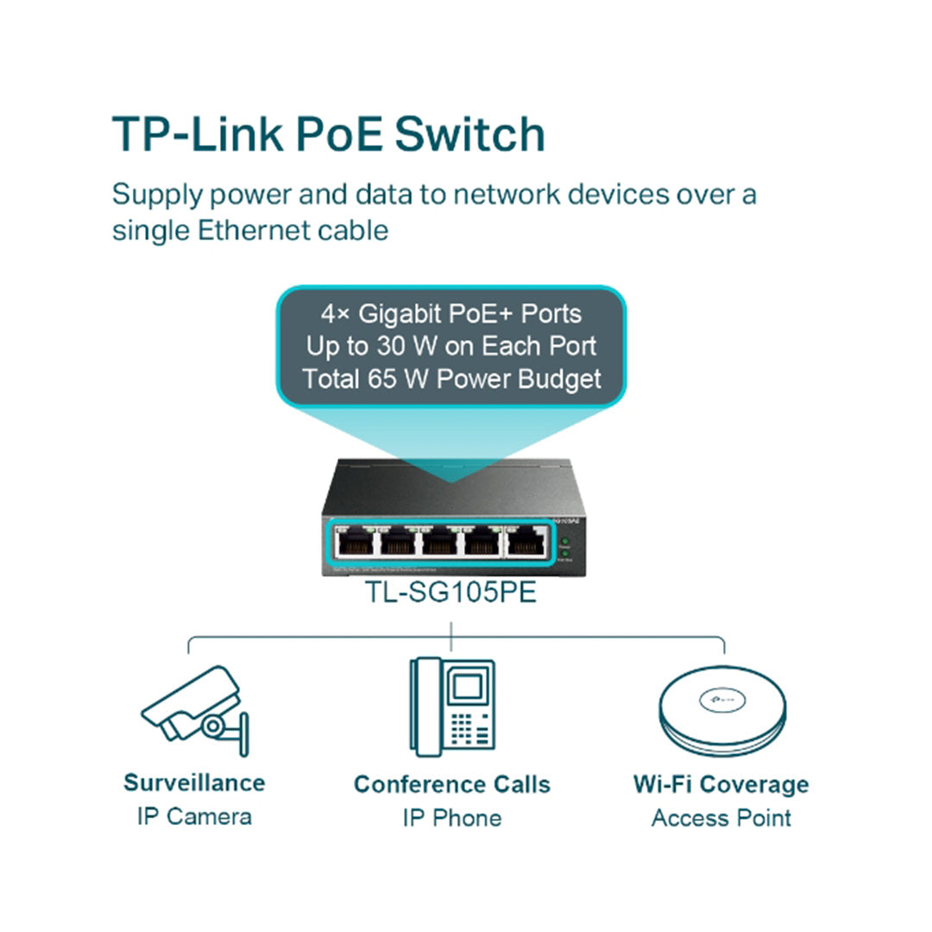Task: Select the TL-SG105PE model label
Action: pos(450,593)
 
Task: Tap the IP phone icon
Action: pos(452,706)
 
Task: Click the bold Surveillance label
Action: pos(194,783)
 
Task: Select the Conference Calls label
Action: pos(452,784)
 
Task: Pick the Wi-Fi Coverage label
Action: pos(721,784)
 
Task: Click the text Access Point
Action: pos(721,818)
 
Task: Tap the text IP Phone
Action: pos(452,818)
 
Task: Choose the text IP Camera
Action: pos(194,816)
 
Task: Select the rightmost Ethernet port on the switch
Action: pos(526,543)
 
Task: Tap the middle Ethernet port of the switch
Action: pos(440,543)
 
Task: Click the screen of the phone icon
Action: pos(467,687)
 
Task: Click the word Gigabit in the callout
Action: pos(401,313)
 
